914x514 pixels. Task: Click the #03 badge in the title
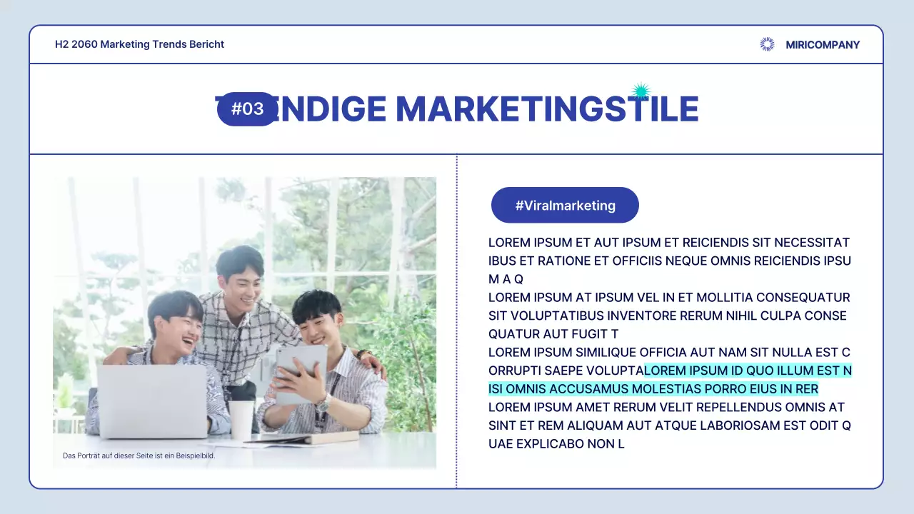pyautogui.click(x=247, y=109)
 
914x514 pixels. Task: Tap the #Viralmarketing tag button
pyautogui.click(x=565, y=206)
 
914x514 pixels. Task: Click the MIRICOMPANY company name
pyautogui.click(x=823, y=45)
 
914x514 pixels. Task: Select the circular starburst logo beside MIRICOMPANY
pyautogui.click(x=767, y=44)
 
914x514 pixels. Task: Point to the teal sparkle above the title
pyautogui.click(x=641, y=91)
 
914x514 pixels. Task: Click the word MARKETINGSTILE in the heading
pyautogui.click(x=547, y=109)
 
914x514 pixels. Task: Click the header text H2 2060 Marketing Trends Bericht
pyautogui.click(x=139, y=44)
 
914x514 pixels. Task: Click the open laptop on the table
pyautogui.click(x=152, y=401)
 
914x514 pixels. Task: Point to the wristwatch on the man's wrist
pyautogui.click(x=323, y=403)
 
